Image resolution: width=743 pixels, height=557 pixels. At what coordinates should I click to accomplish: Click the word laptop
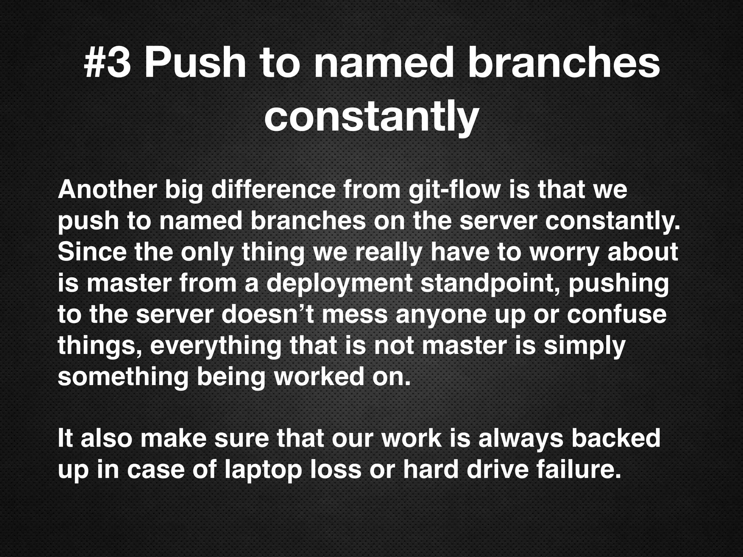(263, 470)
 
